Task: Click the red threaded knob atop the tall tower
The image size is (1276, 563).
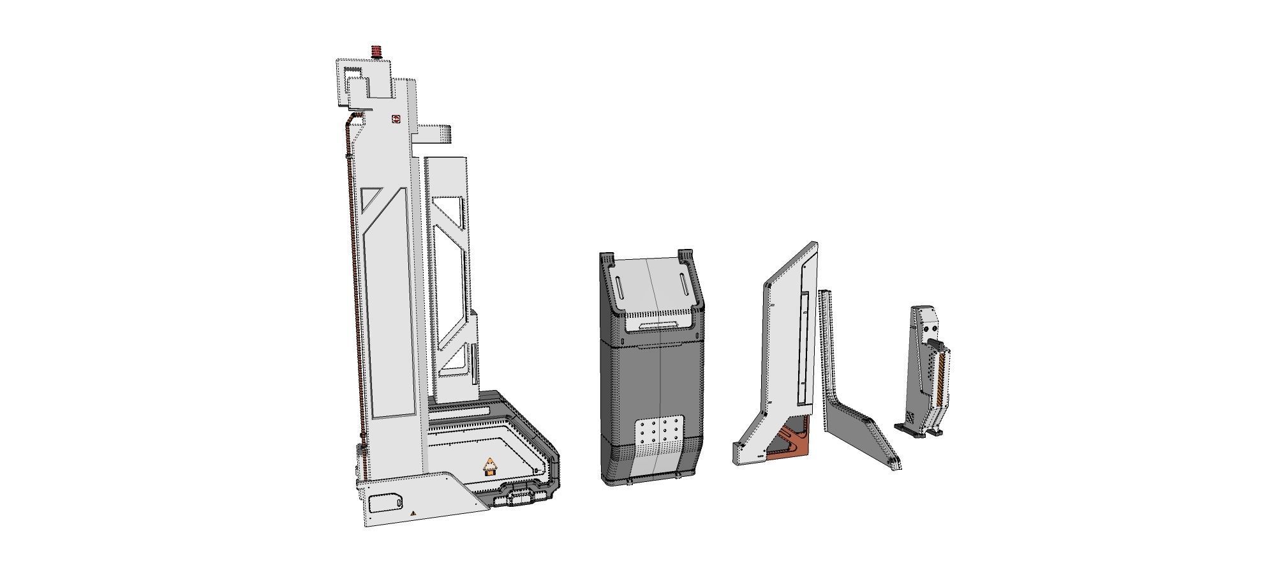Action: point(376,51)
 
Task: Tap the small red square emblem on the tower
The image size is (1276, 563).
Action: point(396,119)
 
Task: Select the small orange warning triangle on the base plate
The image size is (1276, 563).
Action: point(413,513)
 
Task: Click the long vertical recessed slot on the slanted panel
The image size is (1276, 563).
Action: point(804,348)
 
